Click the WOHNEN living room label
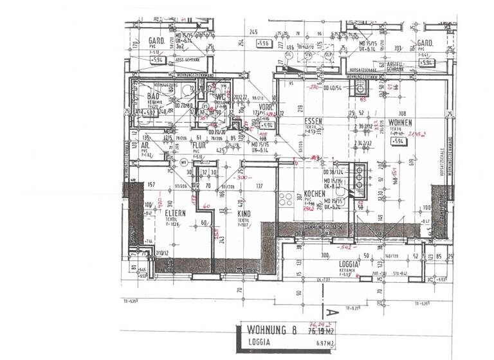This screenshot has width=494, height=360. tap(399, 122)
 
